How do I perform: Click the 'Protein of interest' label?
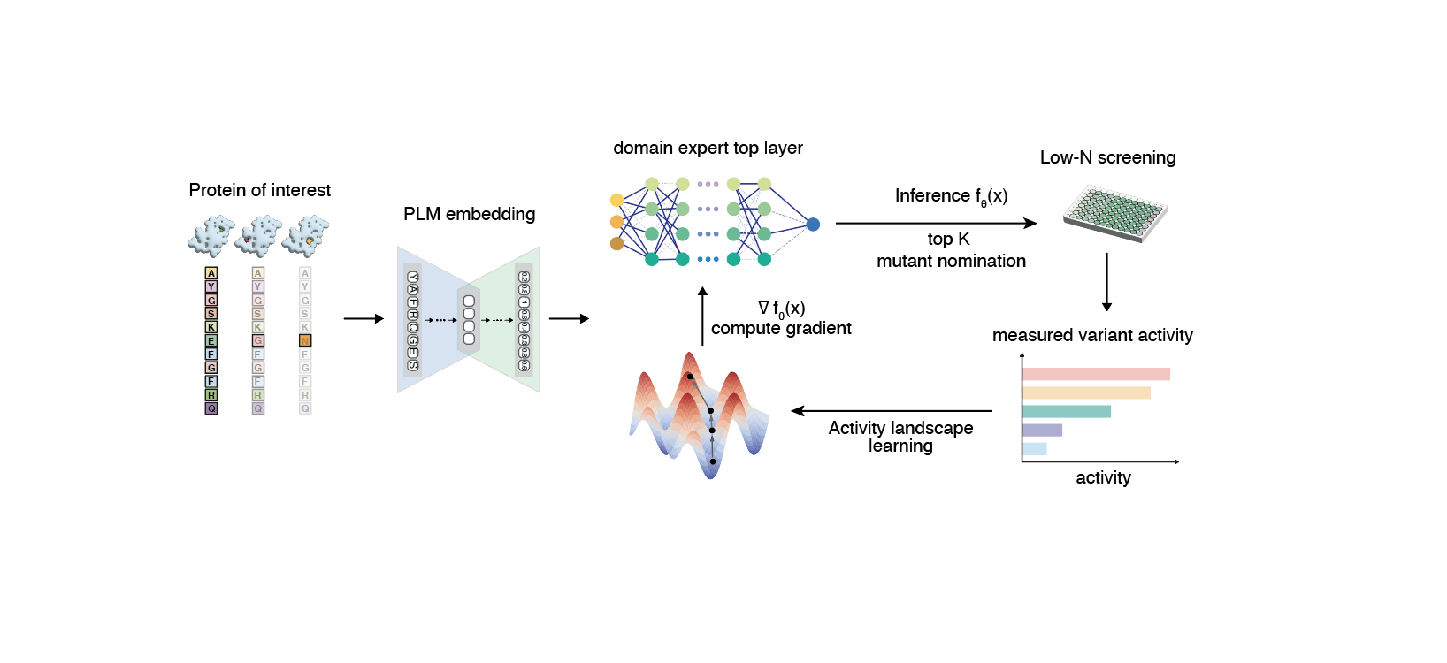pyautogui.click(x=259, y=190)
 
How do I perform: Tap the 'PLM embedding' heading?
pyautogui.click(x=469, y=214)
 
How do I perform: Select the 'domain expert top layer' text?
pyautogui.click(x=708, y=148)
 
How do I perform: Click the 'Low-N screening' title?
pyautogui.click(x=1107, y=157)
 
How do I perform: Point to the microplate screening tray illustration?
pyautogui.click(x=1115, y=213)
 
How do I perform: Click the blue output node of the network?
pyautogui.click(x=813, y=225)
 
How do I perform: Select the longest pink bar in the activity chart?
pyautogui.click(x=1095, y=374)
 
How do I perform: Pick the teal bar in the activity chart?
pyautogui.click(x=1066, y=411)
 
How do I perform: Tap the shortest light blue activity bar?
pyautogui.click(x=1034, y=449)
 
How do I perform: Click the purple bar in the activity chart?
pyautogui.click(x=1042, y=431)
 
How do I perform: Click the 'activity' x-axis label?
pyautogui.click(x=1103, y=477)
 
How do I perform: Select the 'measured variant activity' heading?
pyautogui.click(x=1092, y=335)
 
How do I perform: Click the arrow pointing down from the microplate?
pyautogui.click(x=1106, y=282)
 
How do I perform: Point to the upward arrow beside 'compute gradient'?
pyautogui.click(x=702, y=316)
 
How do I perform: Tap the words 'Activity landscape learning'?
pyautogui.click(x=900, y=437)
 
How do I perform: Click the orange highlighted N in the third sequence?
pyautogui.click(x=305, y=340)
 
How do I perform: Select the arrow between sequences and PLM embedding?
pyautogui.click(x=364, y=318)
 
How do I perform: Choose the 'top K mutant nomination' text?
pyautogui.click(x=951, y=250)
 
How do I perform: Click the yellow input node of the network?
pyautogui.click(x=616, y=201)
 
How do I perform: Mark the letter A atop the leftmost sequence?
pyautogui.click(x=211, y=273)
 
